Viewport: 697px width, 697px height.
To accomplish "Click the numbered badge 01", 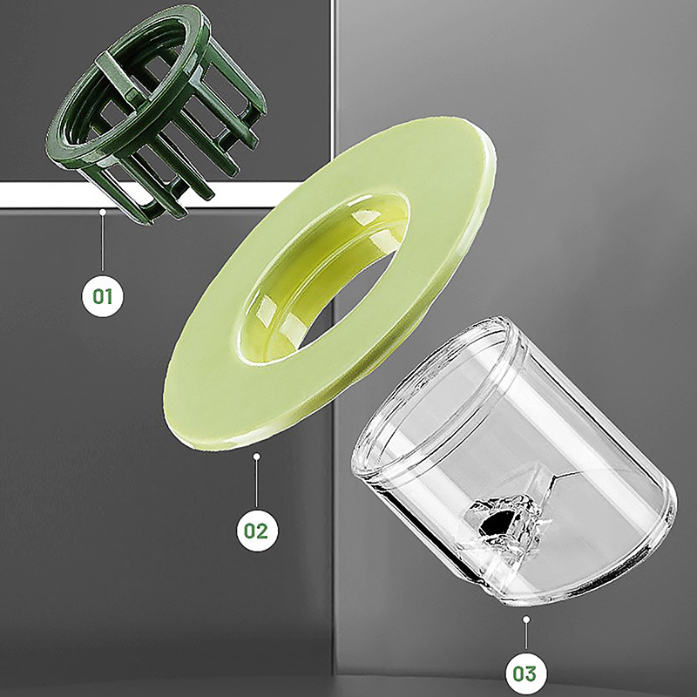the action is tap(103, 296).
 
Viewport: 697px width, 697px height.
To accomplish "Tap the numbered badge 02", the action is tap(256, 531).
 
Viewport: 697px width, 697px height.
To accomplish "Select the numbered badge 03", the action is tap(526, 673).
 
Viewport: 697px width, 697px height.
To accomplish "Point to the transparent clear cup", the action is tap(516, 463).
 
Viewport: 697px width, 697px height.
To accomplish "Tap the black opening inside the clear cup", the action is tap(496, 520).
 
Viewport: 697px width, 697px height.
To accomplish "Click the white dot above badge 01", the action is tap(103, 212).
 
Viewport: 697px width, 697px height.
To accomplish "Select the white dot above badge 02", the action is tap(256, 456).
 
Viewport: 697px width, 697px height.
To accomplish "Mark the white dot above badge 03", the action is tap(526, 619).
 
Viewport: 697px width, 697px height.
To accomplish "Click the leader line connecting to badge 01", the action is tap(103, 242).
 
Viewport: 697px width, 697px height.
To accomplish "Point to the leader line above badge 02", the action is tap(256, 484).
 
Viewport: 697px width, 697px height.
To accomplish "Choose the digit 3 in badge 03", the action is tap(531, 673).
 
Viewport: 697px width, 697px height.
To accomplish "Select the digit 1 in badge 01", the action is tap(109, 296).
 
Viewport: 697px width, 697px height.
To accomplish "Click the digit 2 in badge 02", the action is tap(262, 531).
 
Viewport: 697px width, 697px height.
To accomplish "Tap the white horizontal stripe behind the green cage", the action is tap(53, 194).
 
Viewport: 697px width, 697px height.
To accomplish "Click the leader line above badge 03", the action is tap(526, 636).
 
